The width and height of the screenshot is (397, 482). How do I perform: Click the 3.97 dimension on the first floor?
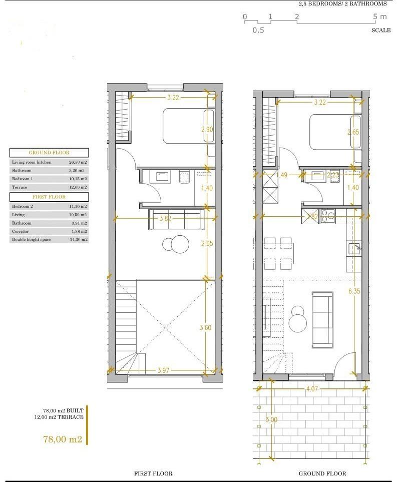point(163,370)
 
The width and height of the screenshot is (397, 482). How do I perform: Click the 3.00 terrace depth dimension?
point(272,419)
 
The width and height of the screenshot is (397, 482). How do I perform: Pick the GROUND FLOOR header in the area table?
point(49,153)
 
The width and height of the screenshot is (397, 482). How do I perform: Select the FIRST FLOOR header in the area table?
point(49,197)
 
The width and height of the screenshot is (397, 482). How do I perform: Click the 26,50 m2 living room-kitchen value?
point(78,162)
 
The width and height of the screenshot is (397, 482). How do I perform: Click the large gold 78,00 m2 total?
point(63,439)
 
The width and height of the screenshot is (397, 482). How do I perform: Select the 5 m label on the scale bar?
point(380,17)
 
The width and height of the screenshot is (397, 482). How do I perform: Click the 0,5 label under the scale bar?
point(258,30)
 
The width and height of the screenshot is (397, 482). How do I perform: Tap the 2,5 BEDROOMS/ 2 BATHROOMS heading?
point(342,4)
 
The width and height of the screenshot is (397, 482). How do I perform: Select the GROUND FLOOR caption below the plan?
point(322,473)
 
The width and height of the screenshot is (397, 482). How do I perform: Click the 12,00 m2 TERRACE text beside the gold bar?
point(59,416)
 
